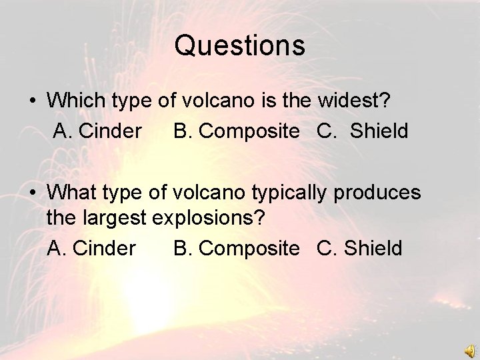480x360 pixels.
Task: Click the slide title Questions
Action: coord(240,46)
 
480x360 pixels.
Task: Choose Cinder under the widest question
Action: coord(111,131)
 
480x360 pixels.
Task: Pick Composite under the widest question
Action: coord(249,131)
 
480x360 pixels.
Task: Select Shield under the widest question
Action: coord(379,131)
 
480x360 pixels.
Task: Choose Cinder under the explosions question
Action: coord(105,249)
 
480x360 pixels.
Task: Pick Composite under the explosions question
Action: coord(249,249)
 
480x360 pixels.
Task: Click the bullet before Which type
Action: coord(32,101)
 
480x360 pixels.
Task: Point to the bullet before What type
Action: coord(32,193)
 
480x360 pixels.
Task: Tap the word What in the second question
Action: coord(73,193)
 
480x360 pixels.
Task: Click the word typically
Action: coord(291,193)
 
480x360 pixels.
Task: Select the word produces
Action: coord(378,193)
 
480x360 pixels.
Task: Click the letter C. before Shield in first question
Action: coord(327,131)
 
